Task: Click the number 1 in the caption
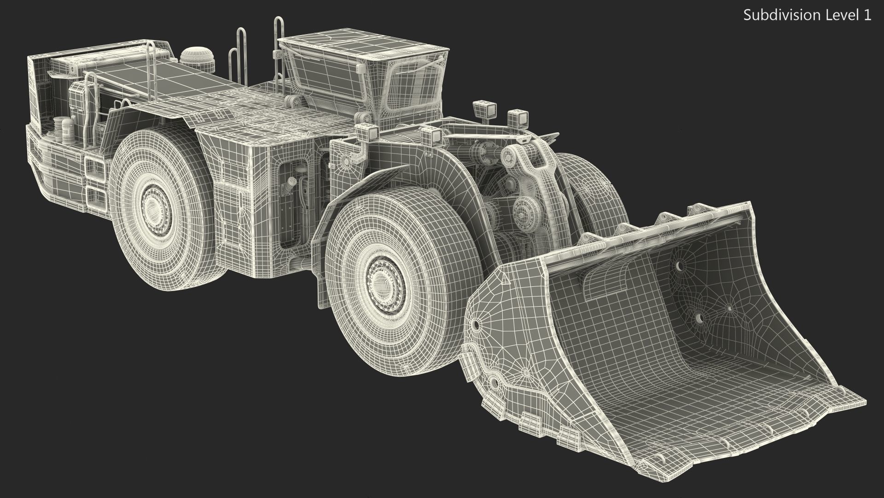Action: [x=867, y=15]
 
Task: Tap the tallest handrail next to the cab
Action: [x=279, y=46]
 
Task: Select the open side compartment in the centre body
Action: [x=295, y=203]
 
